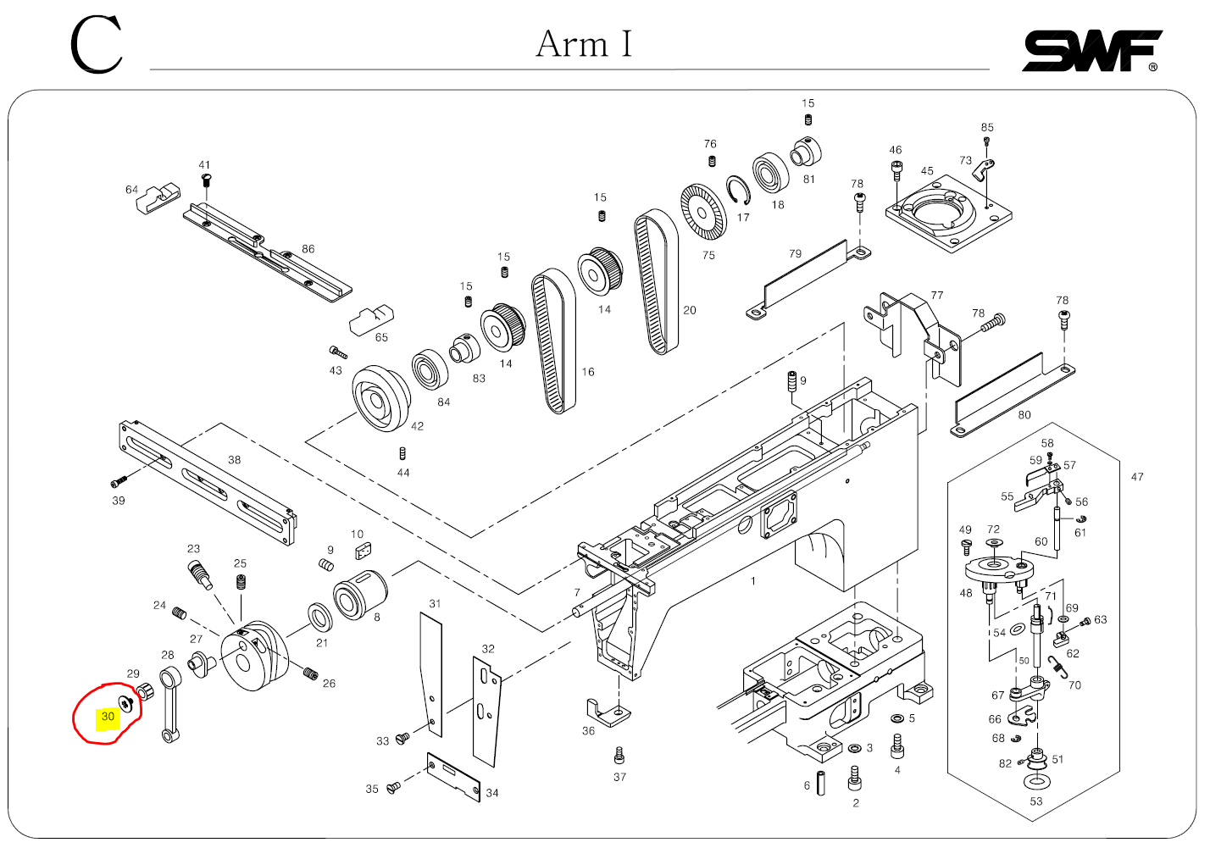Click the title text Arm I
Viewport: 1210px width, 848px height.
[584, 44]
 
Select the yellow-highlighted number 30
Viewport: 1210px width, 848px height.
[108, 717]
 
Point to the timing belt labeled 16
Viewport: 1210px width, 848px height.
[553, 341]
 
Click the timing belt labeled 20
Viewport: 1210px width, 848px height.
[658, 281]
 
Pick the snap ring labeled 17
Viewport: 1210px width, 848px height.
[738, 191]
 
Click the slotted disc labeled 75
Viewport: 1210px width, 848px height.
[703, 210]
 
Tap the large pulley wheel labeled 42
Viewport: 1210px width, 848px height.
[380, 398]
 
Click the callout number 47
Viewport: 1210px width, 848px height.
[1137, 477]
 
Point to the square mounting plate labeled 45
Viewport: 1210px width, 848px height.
[948, 213]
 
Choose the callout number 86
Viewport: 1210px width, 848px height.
[308, 249]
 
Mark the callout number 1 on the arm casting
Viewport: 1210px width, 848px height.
[753, 581]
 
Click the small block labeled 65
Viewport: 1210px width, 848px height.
[371, 320]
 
